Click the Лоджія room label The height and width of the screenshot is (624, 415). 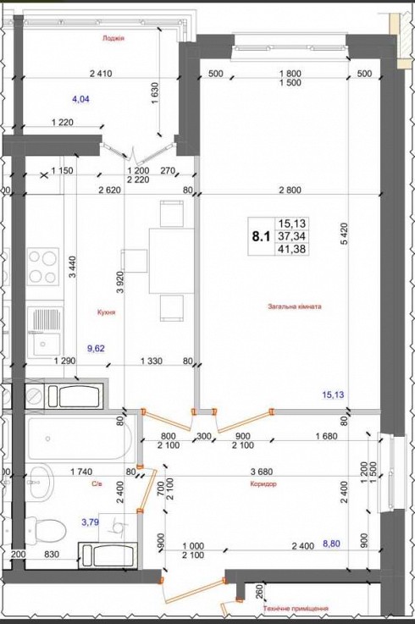click(113, 39)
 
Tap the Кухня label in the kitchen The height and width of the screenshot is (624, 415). click(107, 312)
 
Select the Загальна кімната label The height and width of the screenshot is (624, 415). click(295, 306)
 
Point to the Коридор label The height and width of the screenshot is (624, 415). click(263, 484)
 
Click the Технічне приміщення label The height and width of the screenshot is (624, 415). click(296, 609)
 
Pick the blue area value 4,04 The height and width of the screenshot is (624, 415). click(80, 99)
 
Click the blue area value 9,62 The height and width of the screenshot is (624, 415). click(96, 349)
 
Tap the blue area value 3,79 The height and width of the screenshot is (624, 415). click(90, 522)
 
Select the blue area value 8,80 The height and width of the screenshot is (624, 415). click(331, 544)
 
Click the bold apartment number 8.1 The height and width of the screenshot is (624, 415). click(261, 236)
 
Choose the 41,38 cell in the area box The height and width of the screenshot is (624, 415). click(292, 249)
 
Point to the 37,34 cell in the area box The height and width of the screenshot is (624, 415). click(292, 236)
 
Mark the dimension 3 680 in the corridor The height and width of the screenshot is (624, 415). click(262, 472)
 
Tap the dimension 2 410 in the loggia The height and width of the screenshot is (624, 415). click(101, 73)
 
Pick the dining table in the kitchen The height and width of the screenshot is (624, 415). click(172, 261)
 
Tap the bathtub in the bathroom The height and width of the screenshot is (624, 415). click(80, 439)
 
